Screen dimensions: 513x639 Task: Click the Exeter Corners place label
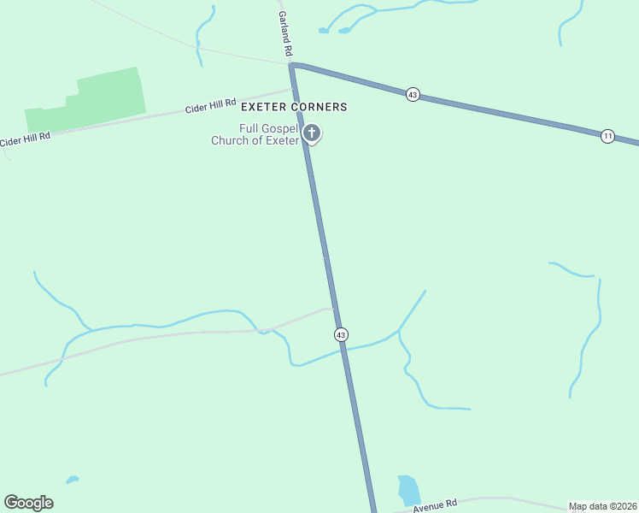tap(294, 107)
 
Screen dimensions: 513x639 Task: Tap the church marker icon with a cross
tap(313, 133)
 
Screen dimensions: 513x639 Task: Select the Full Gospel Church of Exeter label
tap(255, 134)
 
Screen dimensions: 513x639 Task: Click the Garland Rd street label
tap(282, 35)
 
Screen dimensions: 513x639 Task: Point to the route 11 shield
tap(607, 136)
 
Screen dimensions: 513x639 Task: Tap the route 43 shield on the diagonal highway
tap(413, 94)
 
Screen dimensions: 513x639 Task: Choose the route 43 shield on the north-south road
tap(341, 334)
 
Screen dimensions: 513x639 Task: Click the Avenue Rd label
tap(436, 506)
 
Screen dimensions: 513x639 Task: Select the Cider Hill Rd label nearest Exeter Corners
tap(211, 106)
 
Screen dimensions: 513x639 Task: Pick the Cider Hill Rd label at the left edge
tap(25, 138)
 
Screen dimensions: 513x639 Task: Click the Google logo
tap(28, 503)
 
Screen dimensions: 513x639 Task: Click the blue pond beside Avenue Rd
tap(409, 491)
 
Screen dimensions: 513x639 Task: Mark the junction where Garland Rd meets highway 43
tap(293, 64)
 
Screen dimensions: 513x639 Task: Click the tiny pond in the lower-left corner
tap(72, 480)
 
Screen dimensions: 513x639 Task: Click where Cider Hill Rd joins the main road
tap(296, 87)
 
